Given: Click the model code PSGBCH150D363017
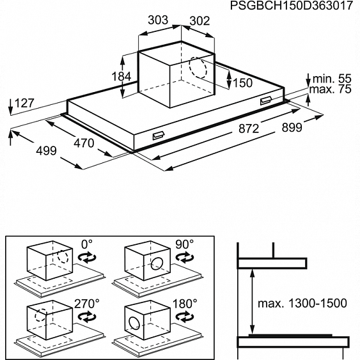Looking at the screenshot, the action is pyautogui.click(x=291, y=6).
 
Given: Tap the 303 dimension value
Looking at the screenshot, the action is pyautogui.click(x=158, y=20).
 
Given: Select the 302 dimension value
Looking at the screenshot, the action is pyautogui.click(x=200, y=21).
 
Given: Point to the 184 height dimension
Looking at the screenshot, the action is pyautogui.click(x=121, y=77).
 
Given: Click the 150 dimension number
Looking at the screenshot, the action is pyautogui.click(x=243, y=83).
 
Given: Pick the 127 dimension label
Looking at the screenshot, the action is pyautogui.click(x=24, y=103).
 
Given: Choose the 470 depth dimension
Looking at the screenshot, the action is pyautogui.click(x=84, y=143).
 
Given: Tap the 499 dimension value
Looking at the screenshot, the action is pyautogui.click(x=47, y=151).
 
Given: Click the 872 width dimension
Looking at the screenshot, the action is pyautogui.click(x=249, y=129).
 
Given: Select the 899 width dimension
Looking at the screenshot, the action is pyautogui.click(x=292, y=127).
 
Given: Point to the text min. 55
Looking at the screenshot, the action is pyautogui.click(x=332, y=79).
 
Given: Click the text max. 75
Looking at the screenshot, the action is pyautogui.click(x=331, y=89).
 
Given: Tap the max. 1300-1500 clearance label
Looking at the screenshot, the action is pyautogui.click(x=302, y=303).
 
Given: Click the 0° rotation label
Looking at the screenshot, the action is pyautogui.click(x=87, y=244).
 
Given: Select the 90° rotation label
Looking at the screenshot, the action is pyautogui.click(x=185, y=244).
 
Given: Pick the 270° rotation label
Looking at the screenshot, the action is pyautogui.click(x=87, y=304).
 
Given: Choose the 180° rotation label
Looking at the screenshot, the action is pyautogui.click(x=185, y=304).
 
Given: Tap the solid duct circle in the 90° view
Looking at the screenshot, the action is pyautogui.click(x=157, y=263).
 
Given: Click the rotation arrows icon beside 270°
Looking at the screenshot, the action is pyautogui.click(x=87, y=317).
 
